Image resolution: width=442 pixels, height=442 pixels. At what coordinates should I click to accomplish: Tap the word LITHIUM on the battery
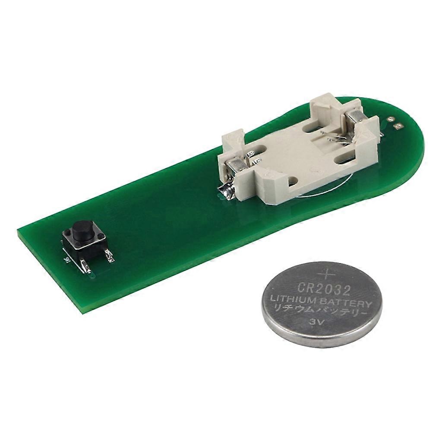point(289,300)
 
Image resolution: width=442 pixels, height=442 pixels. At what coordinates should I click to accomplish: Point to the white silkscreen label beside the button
point(66,259)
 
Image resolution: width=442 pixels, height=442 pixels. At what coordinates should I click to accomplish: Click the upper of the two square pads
point(390,119)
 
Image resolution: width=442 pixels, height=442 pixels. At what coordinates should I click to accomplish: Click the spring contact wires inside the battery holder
point(337,139)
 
